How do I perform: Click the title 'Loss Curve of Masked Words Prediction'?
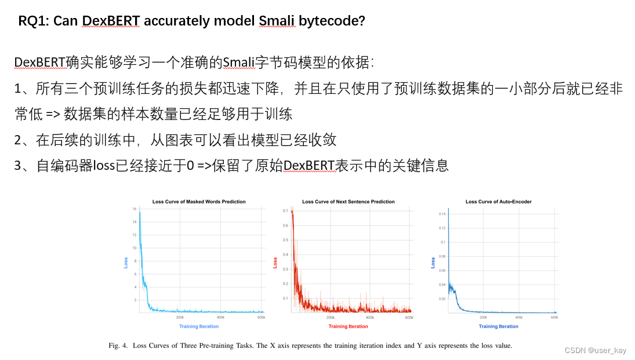199,202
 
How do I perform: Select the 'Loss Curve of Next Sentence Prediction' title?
348,202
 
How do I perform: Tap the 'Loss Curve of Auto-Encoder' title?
498,202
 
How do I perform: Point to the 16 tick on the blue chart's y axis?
135,208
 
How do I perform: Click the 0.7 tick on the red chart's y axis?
285,210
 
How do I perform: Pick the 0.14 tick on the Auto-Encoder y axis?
442,214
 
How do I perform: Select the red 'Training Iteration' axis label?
348,326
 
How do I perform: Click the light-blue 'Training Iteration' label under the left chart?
199,326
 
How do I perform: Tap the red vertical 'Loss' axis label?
275,263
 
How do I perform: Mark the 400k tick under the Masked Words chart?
220,318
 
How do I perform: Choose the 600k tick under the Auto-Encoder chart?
554,318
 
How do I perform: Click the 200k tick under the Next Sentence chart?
331,318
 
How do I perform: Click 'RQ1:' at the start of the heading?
34,21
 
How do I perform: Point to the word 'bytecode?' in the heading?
332,21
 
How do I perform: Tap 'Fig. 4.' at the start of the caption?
119,346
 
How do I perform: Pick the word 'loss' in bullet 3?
106,166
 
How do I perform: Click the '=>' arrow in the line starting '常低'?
53,114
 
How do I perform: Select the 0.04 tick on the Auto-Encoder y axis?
442,285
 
